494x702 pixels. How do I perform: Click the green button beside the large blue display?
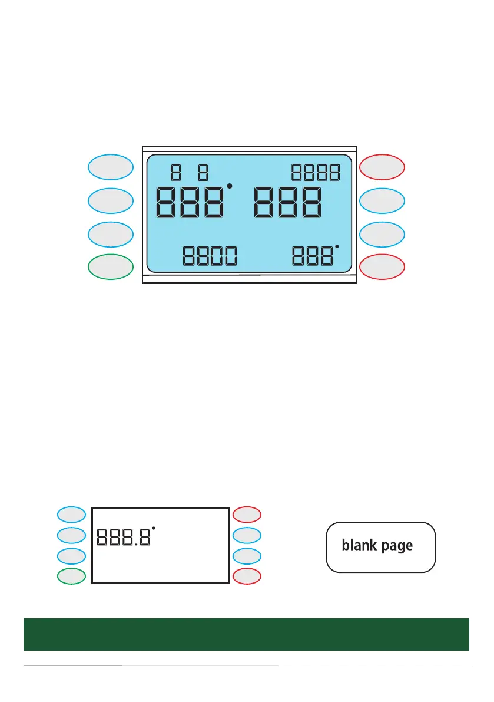[x=111, y=267]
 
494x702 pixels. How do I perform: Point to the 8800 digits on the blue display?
[x=210, y=256]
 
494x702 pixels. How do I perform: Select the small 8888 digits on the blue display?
[x=316, y=173]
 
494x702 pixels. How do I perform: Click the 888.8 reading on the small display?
[x=122, y=537]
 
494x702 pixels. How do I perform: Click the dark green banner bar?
[x=246, y=634]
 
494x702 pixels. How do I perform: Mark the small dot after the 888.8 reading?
[x=154, y=528]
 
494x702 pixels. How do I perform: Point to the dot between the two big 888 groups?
[x=230, y=187]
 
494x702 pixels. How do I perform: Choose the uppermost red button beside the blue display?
[x=382, y=167]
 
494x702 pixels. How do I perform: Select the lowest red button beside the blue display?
[x=382, y=267]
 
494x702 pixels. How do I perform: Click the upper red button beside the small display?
[x=247, y=515]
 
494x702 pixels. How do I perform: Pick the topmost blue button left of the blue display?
[x=111, y=167]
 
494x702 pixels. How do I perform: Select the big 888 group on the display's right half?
[x=289, y=205]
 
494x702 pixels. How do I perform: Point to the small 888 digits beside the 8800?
[x=313, y=256]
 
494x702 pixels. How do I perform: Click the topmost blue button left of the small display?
[x=71, y=515]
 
